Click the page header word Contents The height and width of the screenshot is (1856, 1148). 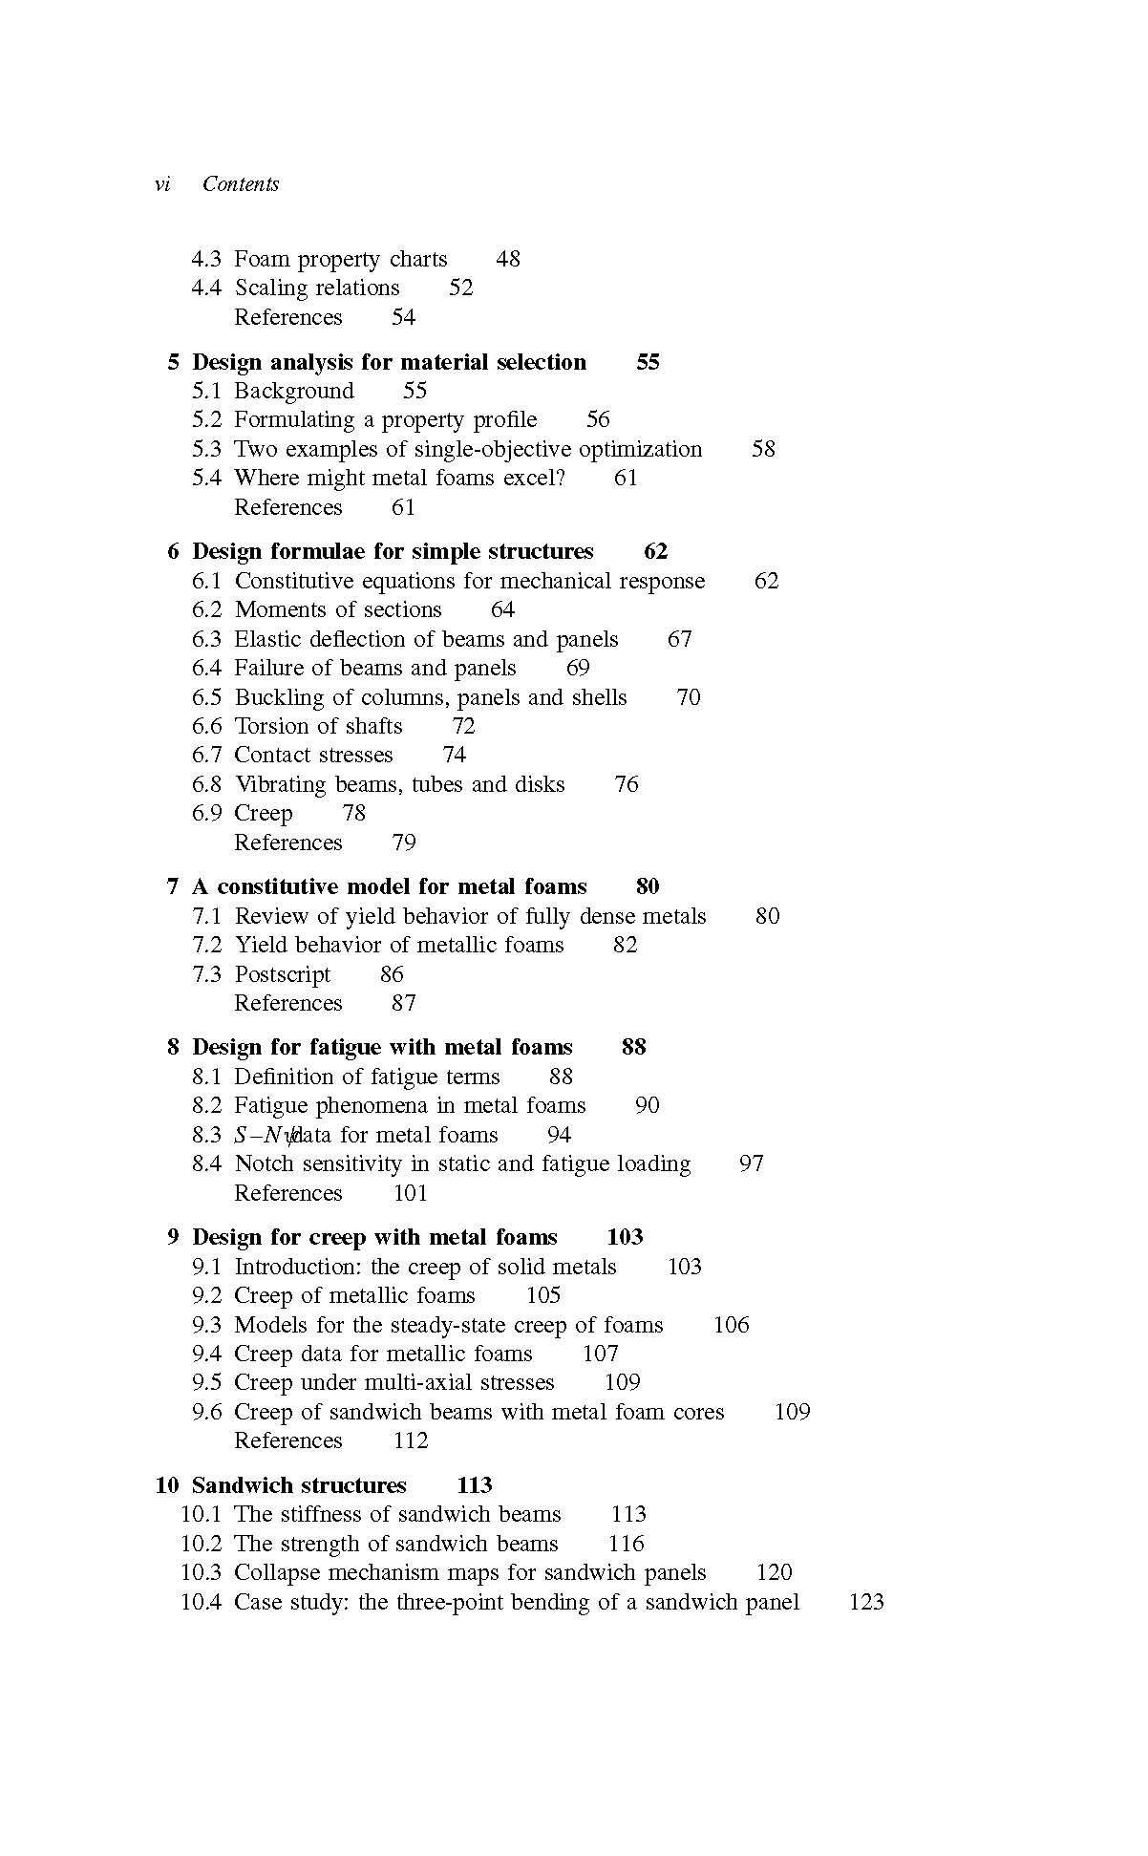tap(241, 184)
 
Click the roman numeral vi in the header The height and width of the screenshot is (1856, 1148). tap(162, 184)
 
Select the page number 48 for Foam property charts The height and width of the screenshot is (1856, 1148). tap(508, 259)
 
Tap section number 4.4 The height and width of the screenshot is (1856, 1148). tap(206, 288)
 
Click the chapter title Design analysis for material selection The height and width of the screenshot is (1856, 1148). tap(389, 362)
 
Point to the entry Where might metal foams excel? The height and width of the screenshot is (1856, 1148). tap(399, 478)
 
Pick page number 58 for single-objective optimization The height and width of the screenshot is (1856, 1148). tap(763, 449)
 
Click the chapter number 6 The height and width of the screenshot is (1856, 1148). tap(173, 552)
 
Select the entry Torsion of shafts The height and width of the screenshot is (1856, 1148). tap(318, 726)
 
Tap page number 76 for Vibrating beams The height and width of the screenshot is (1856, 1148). tap(627, 784)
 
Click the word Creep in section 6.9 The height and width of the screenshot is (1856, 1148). tap(264, 813)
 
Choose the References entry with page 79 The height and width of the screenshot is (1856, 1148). tap(287, 843)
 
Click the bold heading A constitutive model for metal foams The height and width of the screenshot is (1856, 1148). tap(390, 886)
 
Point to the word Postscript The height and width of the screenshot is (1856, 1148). tap(283, 974)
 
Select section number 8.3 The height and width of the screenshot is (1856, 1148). tap(206, 1135)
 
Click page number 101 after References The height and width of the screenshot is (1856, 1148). tap(410, 1193)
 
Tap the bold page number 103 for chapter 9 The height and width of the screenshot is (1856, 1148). tap(625, 1237)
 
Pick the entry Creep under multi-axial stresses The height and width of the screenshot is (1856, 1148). tap(393, 1382)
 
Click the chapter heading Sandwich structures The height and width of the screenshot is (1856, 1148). tap(299, 1485)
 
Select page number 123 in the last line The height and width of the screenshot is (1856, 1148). tap(866, 1602)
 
